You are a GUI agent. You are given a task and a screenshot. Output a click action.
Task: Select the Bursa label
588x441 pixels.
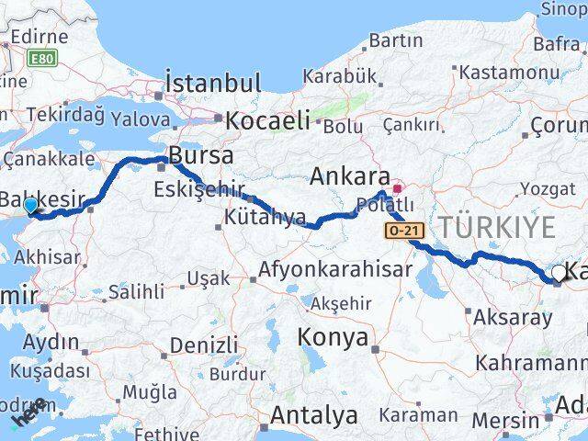pos(201,154)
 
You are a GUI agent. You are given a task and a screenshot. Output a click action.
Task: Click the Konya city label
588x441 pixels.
pos(333,337)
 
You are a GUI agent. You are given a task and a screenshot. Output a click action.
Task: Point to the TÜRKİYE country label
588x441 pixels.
pos(497,227)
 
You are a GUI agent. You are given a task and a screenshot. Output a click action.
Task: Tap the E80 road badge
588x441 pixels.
pos(40,58)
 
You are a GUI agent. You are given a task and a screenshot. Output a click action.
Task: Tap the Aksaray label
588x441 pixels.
pos(514,317)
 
